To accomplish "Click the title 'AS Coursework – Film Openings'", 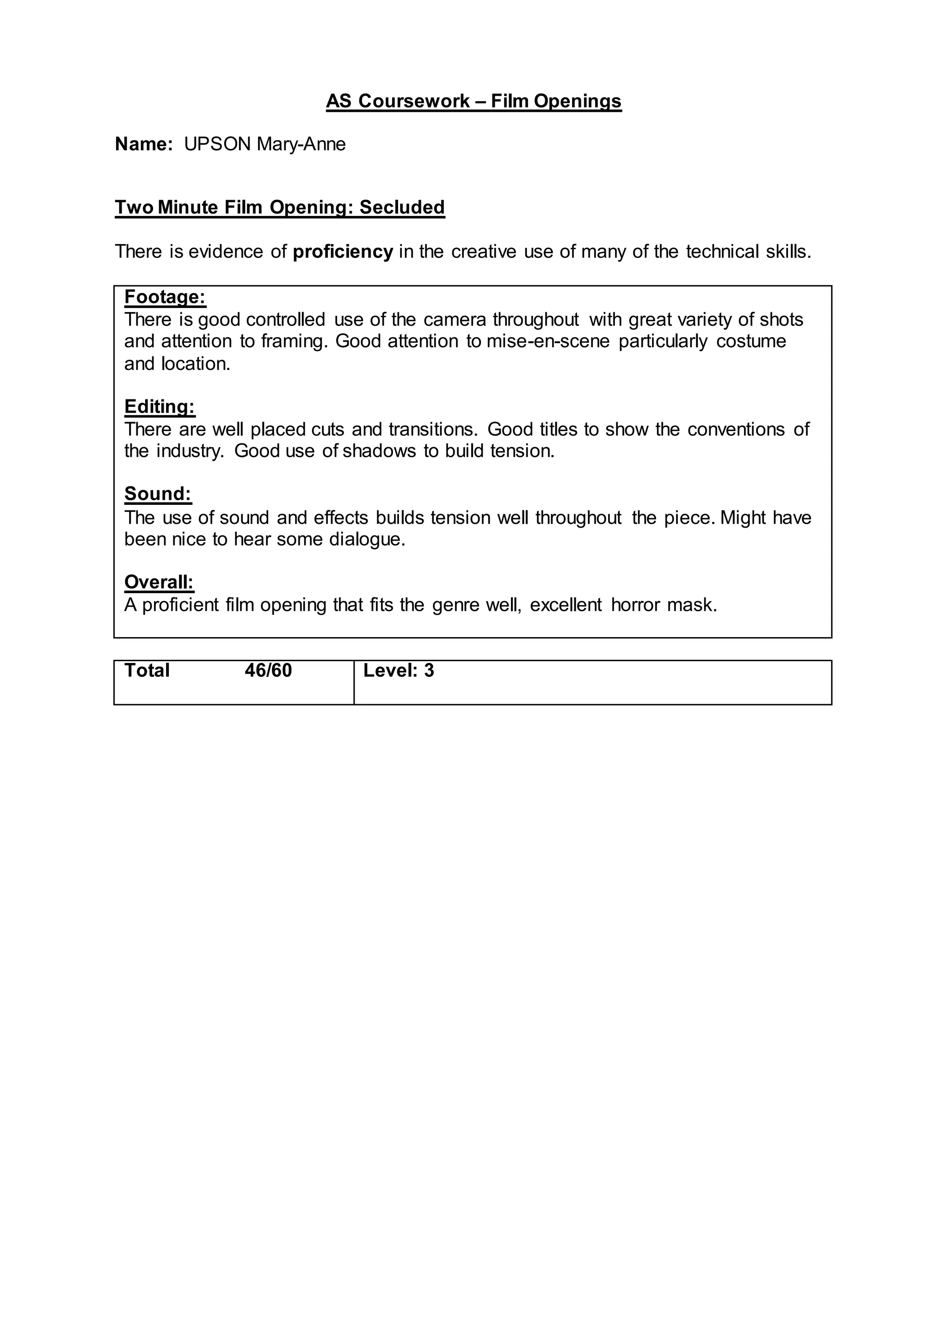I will (x=473, y=101).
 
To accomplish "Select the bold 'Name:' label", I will (x=143, y=144).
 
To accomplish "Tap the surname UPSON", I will (x=217, y=144).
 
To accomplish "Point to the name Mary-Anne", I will (x=301, y=144).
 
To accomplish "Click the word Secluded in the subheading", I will (x=402, y=207).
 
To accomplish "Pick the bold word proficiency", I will (x=343, y=252).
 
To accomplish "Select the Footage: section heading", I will (x=165, y=297).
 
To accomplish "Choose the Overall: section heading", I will (x=159, y=582).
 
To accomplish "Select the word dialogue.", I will (x=367, y=540).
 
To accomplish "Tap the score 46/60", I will (x=268, y=671).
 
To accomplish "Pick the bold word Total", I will (x=147, y=671).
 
